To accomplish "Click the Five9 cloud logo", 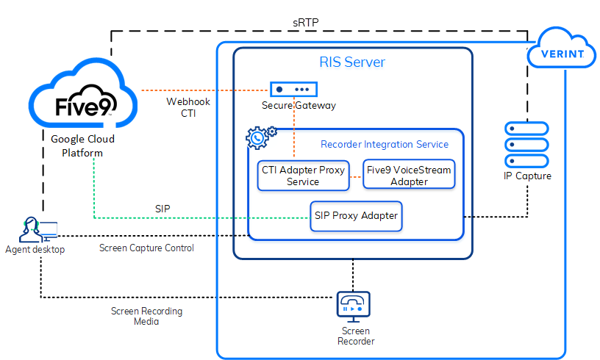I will [82, 104].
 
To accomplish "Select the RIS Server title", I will [351, 62].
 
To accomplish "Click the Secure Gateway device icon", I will [293, 89].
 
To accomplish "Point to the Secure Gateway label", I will [299, 106].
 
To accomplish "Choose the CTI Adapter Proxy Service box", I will [302, 176].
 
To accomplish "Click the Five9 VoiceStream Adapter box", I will [410, 176].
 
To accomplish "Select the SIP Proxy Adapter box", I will [356, 216].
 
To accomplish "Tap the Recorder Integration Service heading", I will [384, 144].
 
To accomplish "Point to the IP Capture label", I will [526, 176].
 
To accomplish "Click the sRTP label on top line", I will [305, 24].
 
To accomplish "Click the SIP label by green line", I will [162, 209].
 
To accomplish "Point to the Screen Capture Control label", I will [146, 248].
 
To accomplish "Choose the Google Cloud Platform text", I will [82, 145].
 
